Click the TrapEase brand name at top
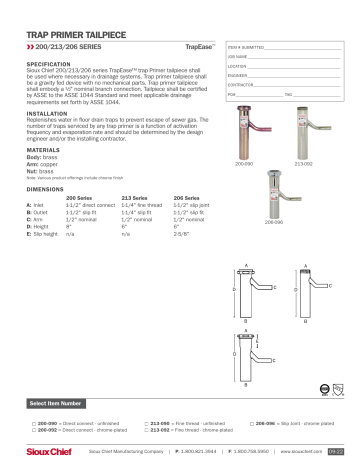[197, 47]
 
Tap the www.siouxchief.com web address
[299, 451]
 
